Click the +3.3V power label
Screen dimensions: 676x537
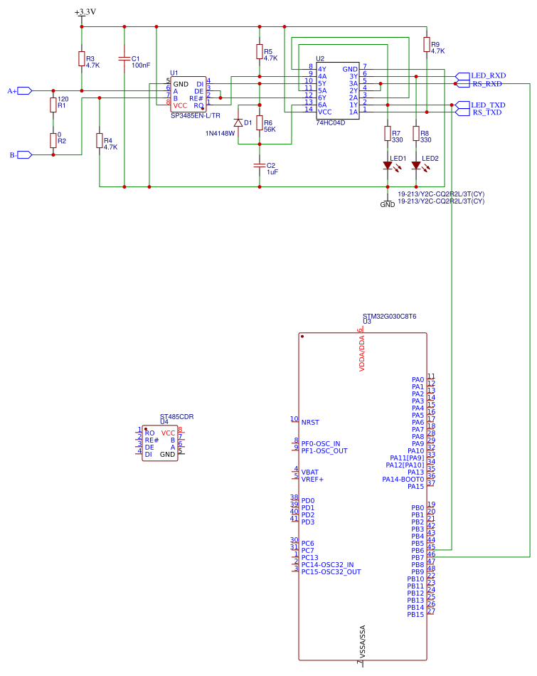pyautogui.click(x=85, y=12)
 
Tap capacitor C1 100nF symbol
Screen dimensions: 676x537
pyautogui.click(x=124, y=58)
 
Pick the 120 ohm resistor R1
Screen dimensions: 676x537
pyautogui.click(x=53, y=105)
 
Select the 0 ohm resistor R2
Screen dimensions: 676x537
pyautogui.click(x=53, y=140)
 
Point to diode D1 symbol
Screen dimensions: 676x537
pyautogui.click(x=238, y=123)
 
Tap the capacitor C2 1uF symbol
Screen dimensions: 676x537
pyautogui.click(x=260, y=165)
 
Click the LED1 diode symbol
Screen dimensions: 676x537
pyautogui.click(x=388, y=166)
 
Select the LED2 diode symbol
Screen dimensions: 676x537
pyautogui.click(x=416, y=166)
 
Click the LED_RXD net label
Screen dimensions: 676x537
pyautogui.click(x=488, y=75)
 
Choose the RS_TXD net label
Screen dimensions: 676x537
pyautogui.click(x=488, y=112)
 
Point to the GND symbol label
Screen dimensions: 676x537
pyautogui.click(x=388, y=204)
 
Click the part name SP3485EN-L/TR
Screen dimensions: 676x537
pyautogui.click(x=196, y=115)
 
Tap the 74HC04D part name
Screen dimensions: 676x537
pyautogui.click(x=330, y=122)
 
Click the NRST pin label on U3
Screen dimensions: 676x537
pyautogui.click(x=310, y=422)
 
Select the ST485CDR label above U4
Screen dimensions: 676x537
pyautogui.click(x=176, y=417)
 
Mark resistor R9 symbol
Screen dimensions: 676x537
pyautogui.click(x=426, y=45)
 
